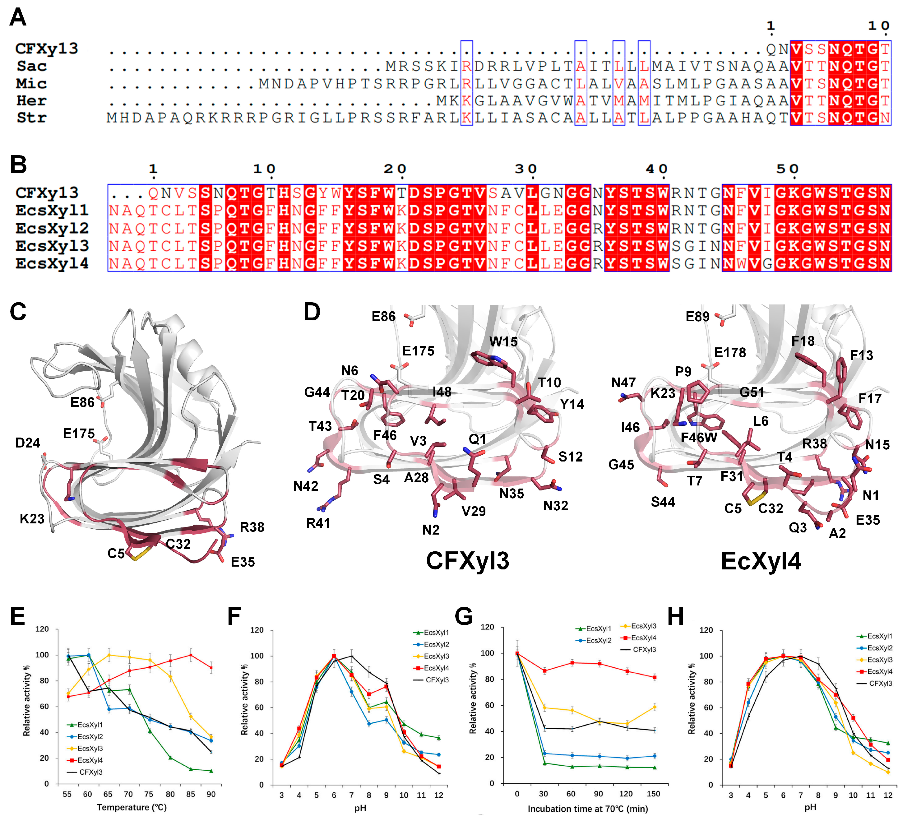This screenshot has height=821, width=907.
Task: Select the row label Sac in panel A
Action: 31,66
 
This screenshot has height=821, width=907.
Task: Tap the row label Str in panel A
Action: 31,118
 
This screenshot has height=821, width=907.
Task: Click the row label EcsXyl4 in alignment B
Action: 52,264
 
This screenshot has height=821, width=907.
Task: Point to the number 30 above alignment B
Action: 526,169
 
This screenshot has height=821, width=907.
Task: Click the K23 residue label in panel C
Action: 32,519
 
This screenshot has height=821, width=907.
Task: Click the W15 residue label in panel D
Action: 503,342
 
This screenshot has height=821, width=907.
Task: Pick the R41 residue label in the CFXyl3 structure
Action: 318,523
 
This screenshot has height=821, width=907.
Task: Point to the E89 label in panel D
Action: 697,317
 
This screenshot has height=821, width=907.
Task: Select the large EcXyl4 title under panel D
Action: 761,561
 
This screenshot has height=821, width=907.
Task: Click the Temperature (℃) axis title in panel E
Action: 132,808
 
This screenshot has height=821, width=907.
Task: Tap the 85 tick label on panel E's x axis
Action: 191,795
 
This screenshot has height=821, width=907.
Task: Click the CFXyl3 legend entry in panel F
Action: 432,680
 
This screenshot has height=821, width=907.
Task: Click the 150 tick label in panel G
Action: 653,794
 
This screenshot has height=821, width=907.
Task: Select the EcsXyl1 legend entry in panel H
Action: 875,636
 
